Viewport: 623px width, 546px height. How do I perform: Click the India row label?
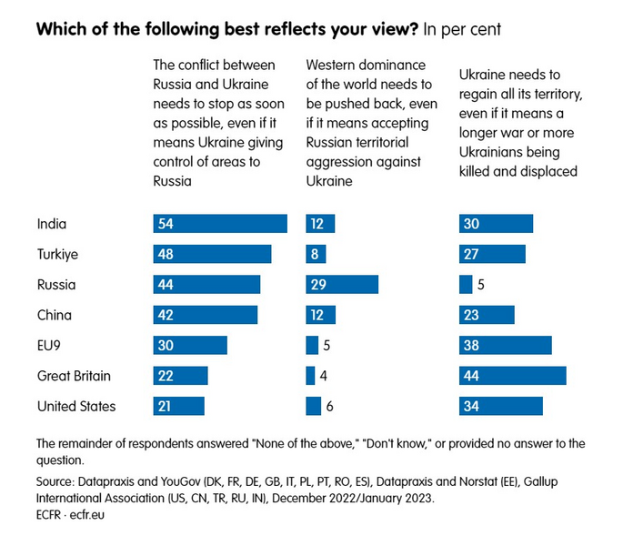pos(51,224)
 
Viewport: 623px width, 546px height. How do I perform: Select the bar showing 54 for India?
pos(219,224)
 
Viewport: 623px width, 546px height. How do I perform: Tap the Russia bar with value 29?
pos(342,285)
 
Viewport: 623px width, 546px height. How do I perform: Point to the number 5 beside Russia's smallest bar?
pos(481,285)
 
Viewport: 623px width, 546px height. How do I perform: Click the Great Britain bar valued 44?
pos(513,376)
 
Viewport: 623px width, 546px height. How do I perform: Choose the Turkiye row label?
pos(56,254)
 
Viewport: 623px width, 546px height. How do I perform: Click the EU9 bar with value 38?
pos(506,346)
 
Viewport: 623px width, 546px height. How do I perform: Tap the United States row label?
pos(75,407)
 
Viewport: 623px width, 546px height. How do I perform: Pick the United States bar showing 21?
pos(178,407)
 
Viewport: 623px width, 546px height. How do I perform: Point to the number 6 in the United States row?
pos(329,407)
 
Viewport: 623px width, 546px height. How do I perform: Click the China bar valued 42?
pos(205,315)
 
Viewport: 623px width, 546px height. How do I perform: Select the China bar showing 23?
pos(487,315)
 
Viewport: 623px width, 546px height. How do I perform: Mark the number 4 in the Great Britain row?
pos(324,376)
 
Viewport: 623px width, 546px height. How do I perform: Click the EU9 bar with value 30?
pos(189,346)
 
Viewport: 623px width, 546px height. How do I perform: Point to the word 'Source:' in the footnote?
pos(57,481)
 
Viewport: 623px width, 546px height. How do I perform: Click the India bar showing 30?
pos(496,224)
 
